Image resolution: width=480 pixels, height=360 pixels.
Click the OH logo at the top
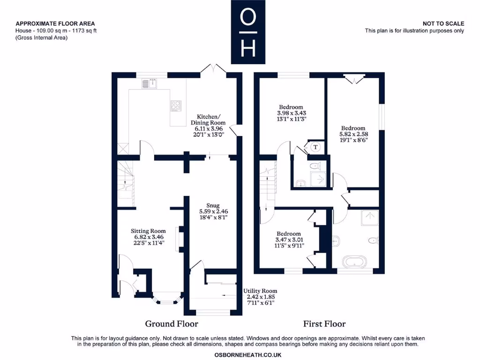click(248, 32)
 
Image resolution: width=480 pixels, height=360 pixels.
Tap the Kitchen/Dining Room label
click(208, 120)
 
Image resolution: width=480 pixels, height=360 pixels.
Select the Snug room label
click(213, 205)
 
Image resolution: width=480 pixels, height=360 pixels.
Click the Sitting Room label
click(148, 231)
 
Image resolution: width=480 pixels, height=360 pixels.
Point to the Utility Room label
click(260, 291)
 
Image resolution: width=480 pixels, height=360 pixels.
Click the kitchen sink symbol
click(149, 83)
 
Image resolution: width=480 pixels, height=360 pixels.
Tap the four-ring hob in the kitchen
click(176, 105)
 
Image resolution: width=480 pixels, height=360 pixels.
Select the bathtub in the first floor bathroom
click(354, 262)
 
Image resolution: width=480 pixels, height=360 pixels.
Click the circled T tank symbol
click(315, 147)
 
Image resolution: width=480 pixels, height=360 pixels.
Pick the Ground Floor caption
click(172, 324)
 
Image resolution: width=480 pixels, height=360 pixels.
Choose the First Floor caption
click(324, 324)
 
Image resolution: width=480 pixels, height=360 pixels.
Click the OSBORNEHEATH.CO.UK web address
click(248, 355)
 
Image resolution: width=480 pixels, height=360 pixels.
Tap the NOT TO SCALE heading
click(443, 23)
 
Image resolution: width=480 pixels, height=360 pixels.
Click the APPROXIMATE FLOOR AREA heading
click(55, 23)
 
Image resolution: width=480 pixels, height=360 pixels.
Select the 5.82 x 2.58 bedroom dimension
click(353, 134)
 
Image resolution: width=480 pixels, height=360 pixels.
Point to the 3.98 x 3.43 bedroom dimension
click(291, 113)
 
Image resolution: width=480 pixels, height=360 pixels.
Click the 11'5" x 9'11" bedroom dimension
click(289, 246)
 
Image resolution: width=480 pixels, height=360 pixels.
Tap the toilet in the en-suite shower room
click(315, 166)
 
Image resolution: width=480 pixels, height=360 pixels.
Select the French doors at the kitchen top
click(213, 68)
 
